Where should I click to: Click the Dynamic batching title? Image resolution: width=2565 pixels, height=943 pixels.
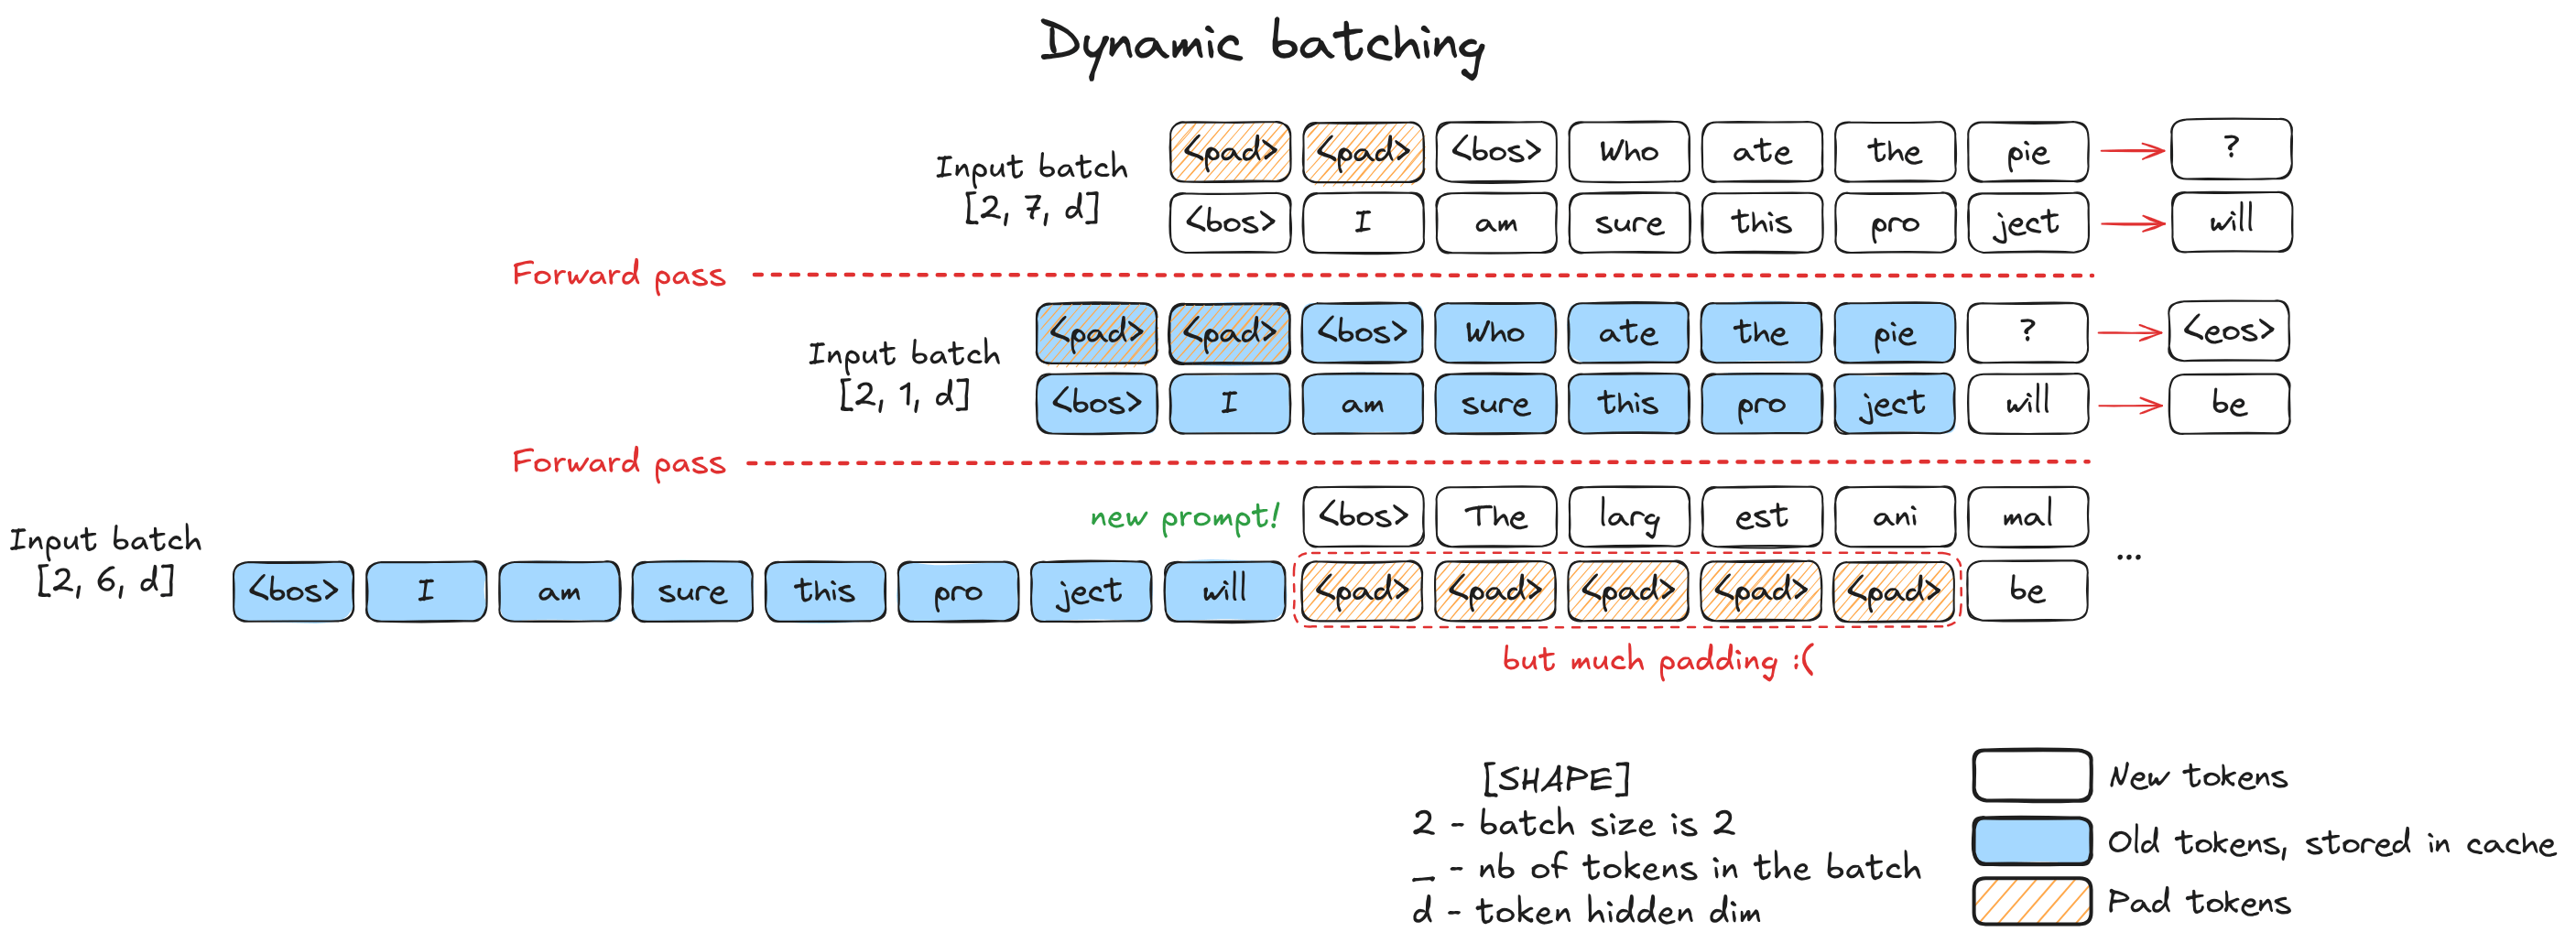pos(1262,45)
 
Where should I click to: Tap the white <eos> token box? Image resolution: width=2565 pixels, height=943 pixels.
pos(2228,331)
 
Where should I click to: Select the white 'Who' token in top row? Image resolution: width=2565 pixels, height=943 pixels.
pos(1628,152)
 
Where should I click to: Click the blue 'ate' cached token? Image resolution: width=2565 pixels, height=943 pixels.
pos(1628,332)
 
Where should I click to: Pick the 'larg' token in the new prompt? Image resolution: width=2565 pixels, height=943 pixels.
pos(1629,516)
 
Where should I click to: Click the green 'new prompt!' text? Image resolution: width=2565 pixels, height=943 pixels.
pos(1184,516)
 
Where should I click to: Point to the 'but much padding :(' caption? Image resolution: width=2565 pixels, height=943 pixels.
pos(1657,660)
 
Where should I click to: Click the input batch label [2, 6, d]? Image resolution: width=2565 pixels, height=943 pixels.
pos(105,559)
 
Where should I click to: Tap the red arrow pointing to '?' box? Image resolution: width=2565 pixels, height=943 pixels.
pos(2132,151)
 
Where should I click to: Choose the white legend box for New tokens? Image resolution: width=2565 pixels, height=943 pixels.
pos(2031,775)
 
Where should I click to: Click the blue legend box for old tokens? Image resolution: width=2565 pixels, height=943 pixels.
pos(2031,841)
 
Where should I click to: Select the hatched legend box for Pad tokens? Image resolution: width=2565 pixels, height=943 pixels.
pos(2031,902)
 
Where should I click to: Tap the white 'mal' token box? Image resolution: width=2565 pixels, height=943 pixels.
pos(2027,516)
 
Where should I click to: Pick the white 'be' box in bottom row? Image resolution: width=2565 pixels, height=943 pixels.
pos(2027,591)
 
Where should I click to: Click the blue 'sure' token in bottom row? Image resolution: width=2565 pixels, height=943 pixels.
pos(692,591)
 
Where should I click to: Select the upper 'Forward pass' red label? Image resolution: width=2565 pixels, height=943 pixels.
pos(618,275)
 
